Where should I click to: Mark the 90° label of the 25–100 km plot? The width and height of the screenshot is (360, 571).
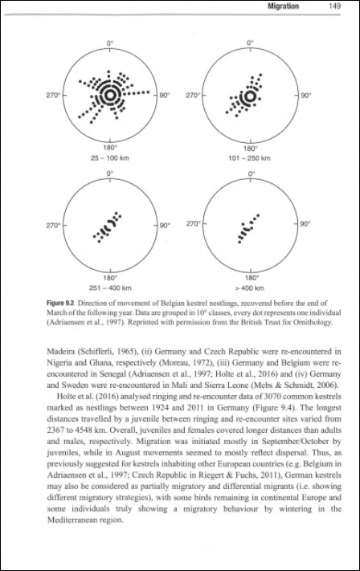164,96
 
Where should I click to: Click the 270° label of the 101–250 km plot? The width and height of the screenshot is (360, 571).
193,96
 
